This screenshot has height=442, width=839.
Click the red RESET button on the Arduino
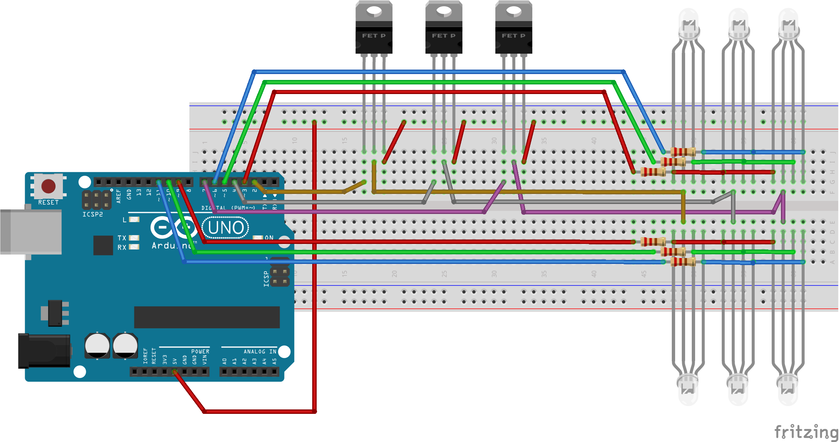pyautogui.click(x=48, y=186)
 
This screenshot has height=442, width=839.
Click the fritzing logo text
pyautogui.click(x=806, y=432)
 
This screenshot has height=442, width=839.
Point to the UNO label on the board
pyautogui.click(x=226, y=228)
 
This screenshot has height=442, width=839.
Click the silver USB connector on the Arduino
pyautogui.click(x=31, y=232)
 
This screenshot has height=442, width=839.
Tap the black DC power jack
pyautogui.click(x=44, y=351)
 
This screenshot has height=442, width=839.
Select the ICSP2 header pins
pyautogui.click(x=96, y=200)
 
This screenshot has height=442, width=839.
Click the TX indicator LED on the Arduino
pyautogui.click(x=134, y=238)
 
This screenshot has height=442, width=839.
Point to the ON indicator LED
pyautogui.click(x=258, y=238)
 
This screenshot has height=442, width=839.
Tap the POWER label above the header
pyautogui.click(x=200, y=351)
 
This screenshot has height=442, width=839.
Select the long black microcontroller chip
pyautogui.click(x=207, y=317)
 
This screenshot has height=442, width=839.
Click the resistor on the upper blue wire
pyautogui.click(x=683, y=152)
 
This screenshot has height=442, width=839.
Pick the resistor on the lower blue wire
pyautogui.click(x=683, y=262)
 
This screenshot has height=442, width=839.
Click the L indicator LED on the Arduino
pyautogui.click(x=134, y=220)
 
